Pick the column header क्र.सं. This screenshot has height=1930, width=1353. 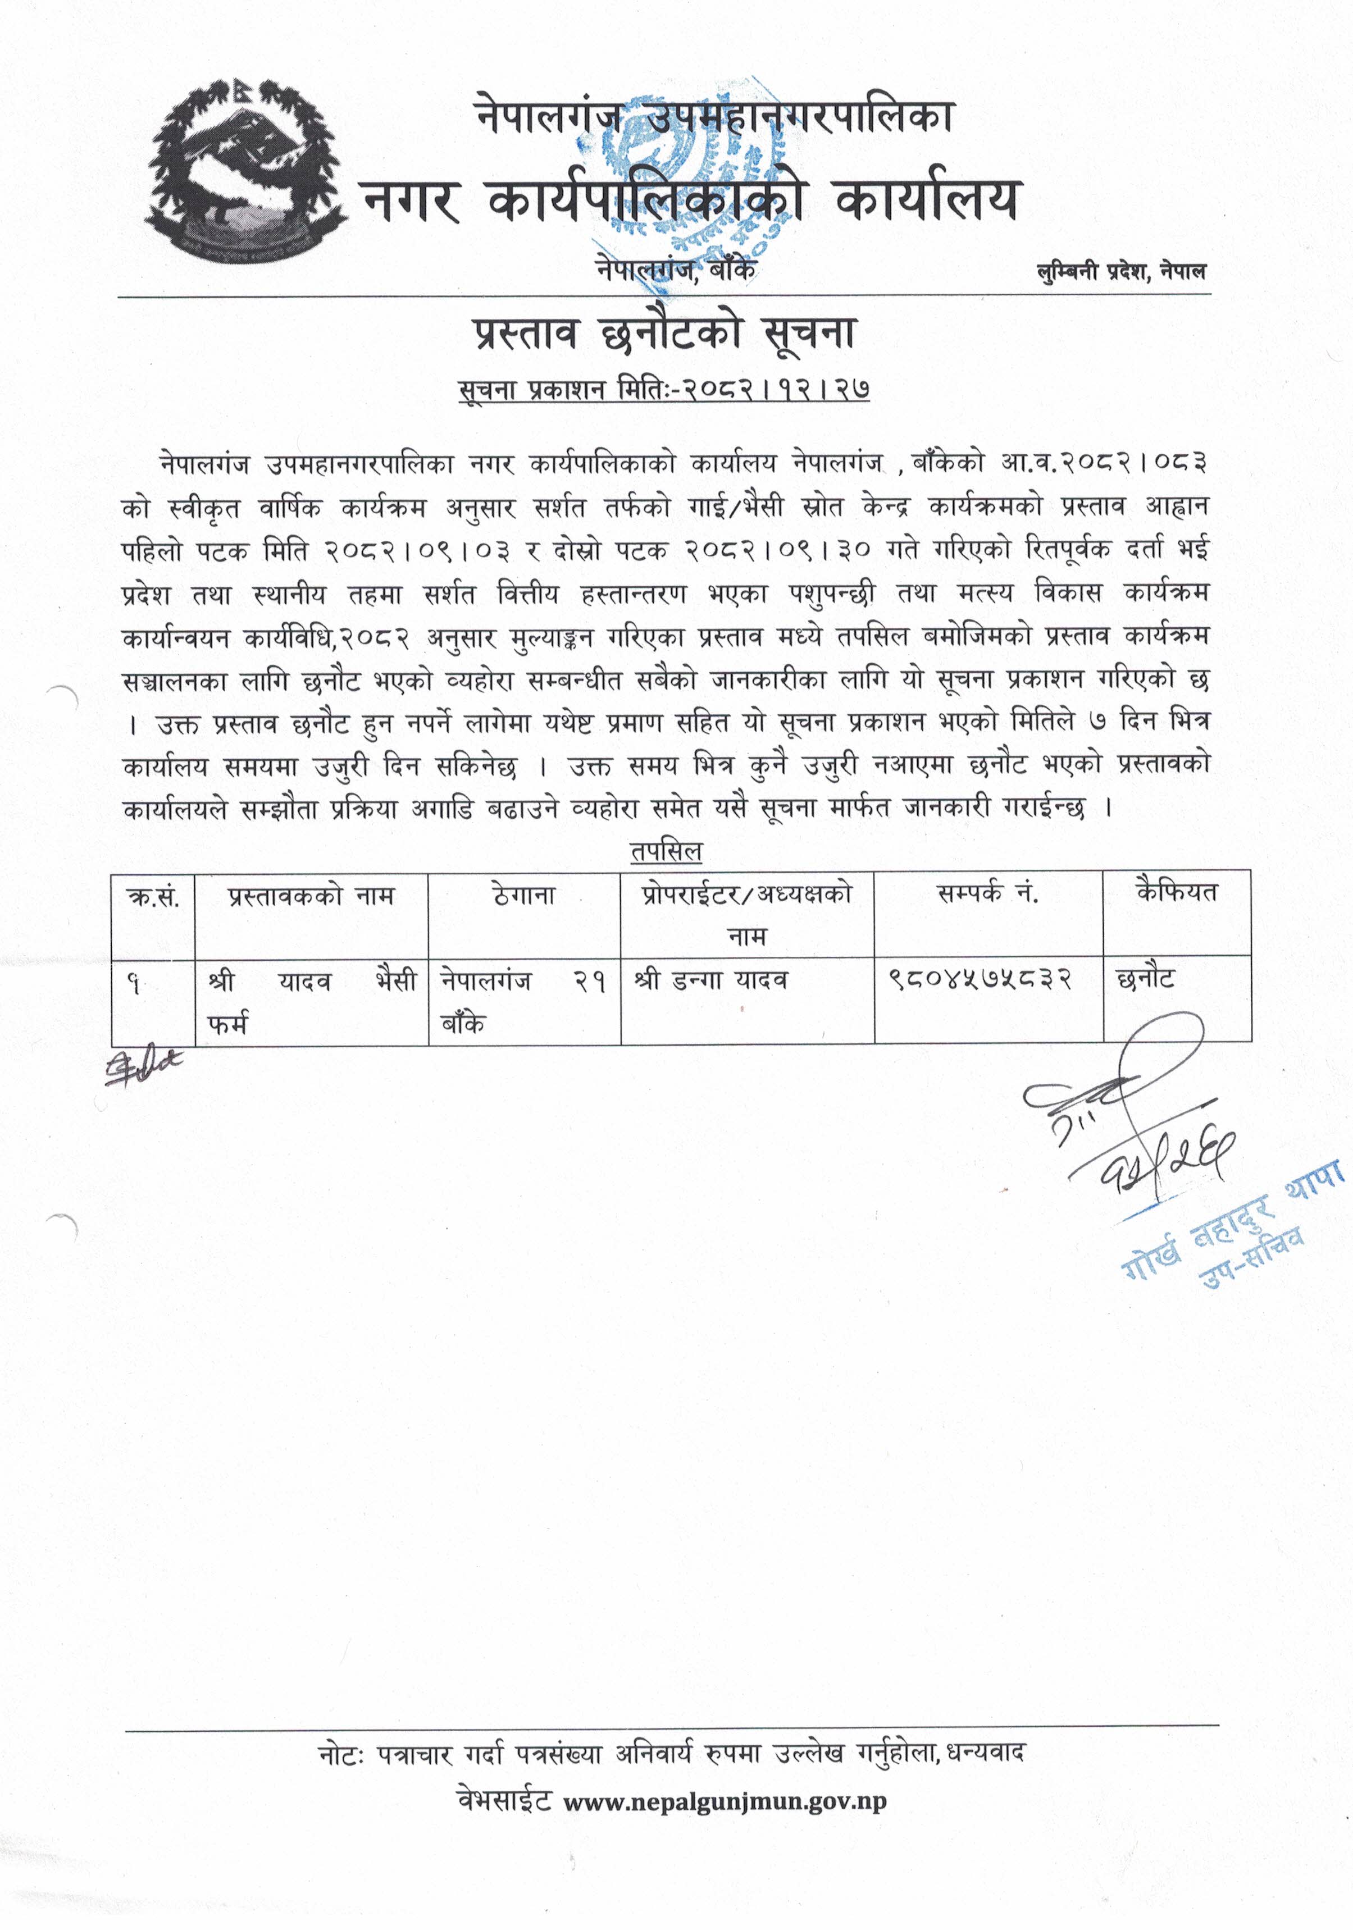pos(152,897)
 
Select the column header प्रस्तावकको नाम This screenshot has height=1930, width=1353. pos(311,896)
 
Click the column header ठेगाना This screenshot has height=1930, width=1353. pos(524,896)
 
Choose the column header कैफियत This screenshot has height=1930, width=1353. pos(1176,893)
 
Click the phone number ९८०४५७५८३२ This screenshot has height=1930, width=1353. pos(980,980)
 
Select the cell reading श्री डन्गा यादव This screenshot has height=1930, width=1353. pos(712,980)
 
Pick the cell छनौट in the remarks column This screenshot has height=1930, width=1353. pos(1145,979)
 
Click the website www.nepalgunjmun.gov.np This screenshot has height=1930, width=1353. pos(724,1802)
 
